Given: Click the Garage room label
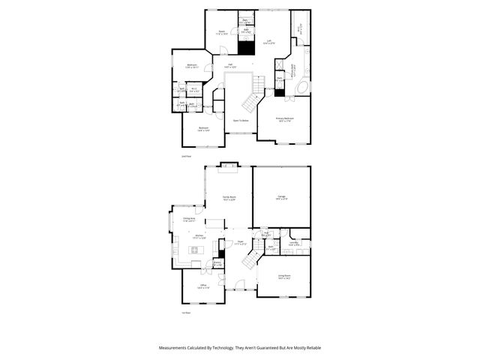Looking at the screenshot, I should pos(281,198).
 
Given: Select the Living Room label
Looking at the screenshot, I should pos(283,277).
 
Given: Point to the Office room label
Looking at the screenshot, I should pos(203,286).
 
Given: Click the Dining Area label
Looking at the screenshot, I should pos(189,220).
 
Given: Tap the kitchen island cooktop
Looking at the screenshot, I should pos(193,250).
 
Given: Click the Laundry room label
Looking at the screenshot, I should pos(295,243).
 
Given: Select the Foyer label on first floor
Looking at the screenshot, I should pos(240,243).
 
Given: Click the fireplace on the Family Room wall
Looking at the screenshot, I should pos(228,166).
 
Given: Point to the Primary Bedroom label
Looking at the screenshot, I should pos(284,119).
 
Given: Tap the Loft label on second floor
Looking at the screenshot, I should pos(269,42).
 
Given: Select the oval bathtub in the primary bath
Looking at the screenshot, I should pos(301,88).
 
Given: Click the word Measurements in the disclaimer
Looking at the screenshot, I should pos(177,348).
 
